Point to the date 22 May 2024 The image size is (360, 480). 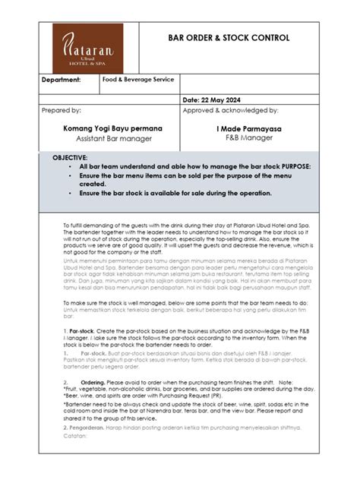coord(216,99)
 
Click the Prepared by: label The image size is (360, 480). coord(62,111)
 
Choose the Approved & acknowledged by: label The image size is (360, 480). coord(230,111)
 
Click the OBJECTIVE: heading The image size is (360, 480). coord(70,156)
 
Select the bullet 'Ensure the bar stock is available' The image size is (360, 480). coord(175,193)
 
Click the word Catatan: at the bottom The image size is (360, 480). coord(76,437)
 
